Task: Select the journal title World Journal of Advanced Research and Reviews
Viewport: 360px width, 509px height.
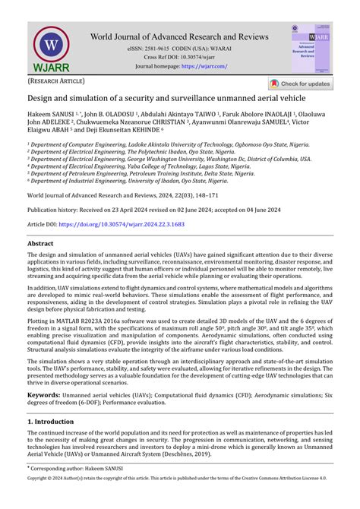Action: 180,36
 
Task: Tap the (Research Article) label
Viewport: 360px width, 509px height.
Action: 57,81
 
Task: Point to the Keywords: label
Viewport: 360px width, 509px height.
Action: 45,396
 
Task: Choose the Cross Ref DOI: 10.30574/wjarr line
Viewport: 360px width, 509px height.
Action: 180,57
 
